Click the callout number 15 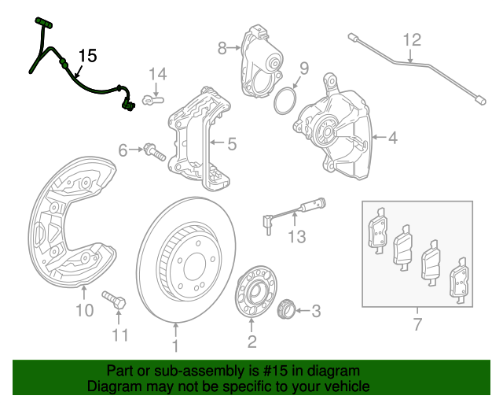coord(87,55)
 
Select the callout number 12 coord(412,39)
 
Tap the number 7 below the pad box coord(417,324)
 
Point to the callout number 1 coord(175,345)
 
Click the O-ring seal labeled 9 coord(285,101)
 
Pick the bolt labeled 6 coord(154,151)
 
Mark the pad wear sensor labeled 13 coord(292,212)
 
